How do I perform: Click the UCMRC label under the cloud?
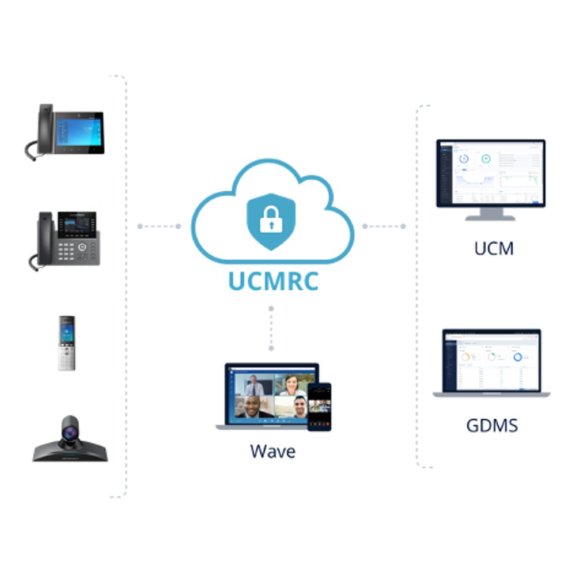click(273, 281)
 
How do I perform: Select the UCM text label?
click(494, 248)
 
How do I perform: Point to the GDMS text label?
click(492, 426)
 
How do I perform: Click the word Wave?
click(272, 452)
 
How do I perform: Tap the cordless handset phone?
click(67, 343)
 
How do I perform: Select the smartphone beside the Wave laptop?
click(319, 407)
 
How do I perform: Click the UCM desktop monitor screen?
click(491, 173)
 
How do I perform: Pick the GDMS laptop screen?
click(491, 362)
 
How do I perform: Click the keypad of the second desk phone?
click(66, 252)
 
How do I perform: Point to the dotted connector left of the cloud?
click(159, 226)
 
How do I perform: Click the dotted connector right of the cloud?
click(384, 226)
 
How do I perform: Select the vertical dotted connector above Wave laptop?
click(271, 328)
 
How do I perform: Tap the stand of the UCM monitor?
click(490, 214)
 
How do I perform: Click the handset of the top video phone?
click(45, 128)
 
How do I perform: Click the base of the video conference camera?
click(70, 452)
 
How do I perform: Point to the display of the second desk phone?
click(77, 224)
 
